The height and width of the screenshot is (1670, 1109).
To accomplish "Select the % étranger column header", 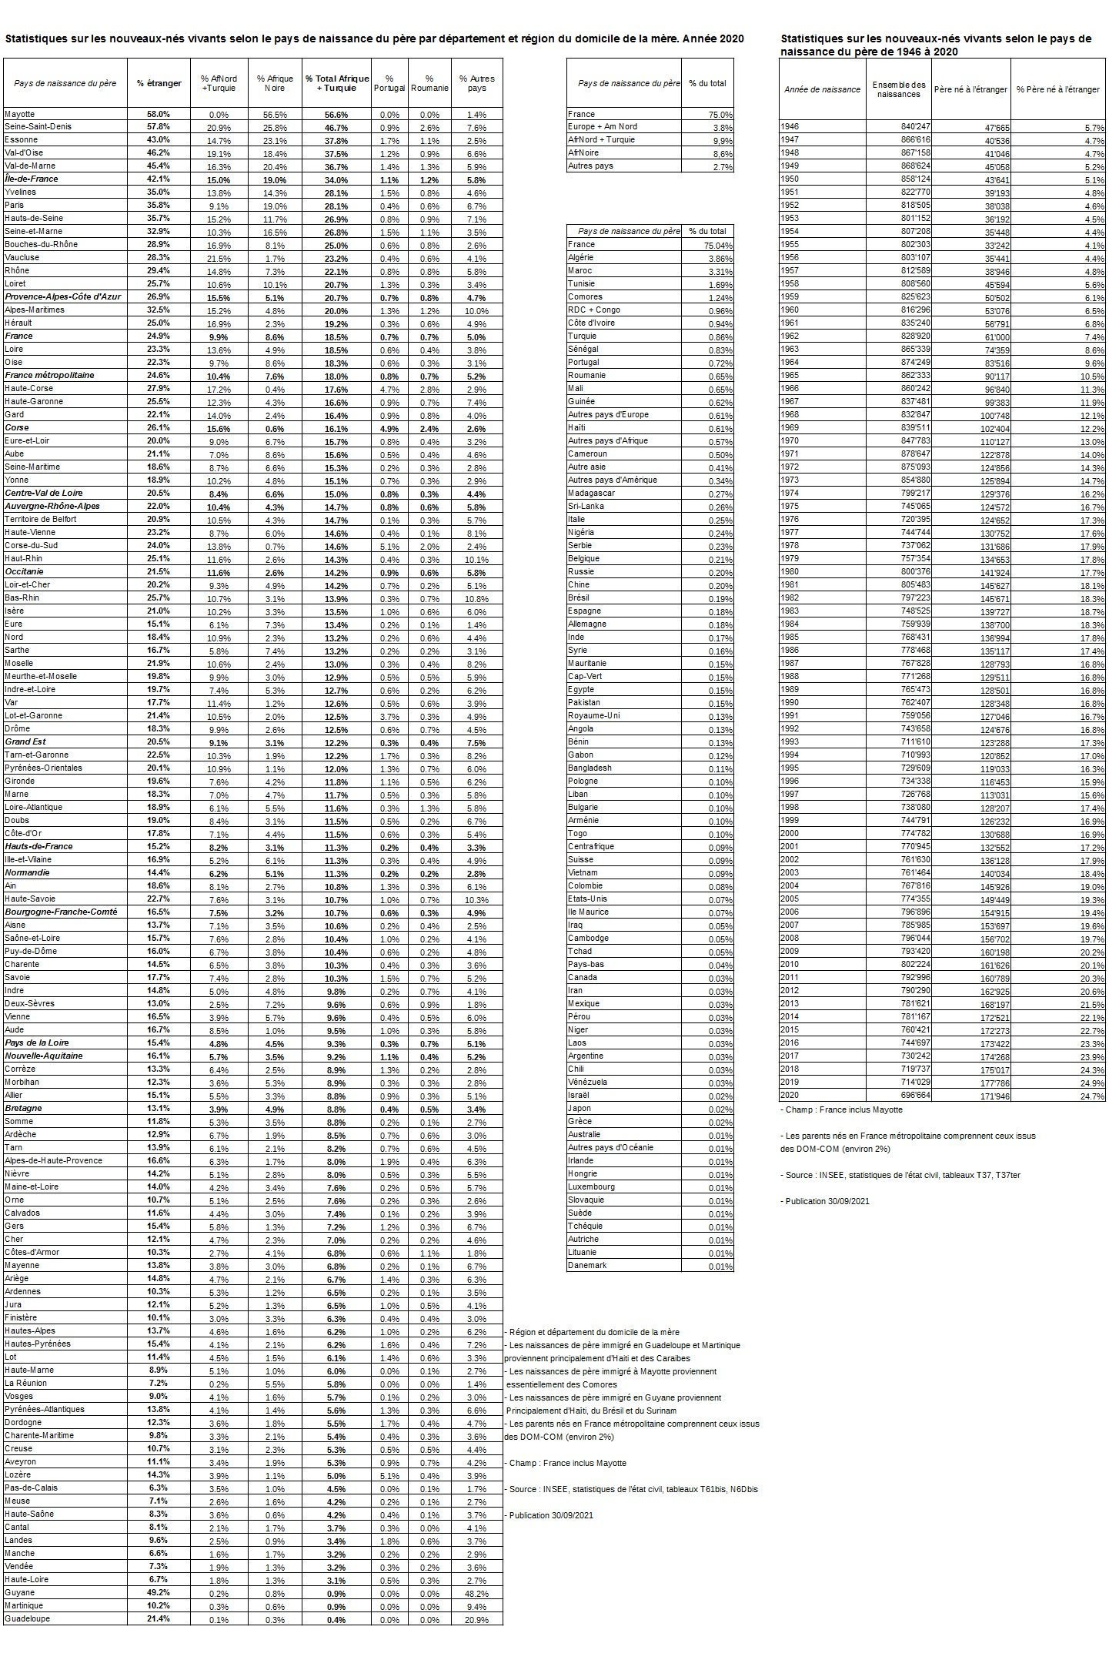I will pos(159,83).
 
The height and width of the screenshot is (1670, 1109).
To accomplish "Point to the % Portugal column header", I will pos(389,83).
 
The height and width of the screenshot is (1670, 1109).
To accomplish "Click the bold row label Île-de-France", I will pos(32,179).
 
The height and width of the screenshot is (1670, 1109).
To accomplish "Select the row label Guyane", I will pos(19,1591).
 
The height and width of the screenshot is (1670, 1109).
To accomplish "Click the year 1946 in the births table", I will pos(790,126).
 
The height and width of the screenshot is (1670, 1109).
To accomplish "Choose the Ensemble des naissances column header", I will pos(898,89).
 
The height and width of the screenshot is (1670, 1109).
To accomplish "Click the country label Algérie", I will pos(581,257).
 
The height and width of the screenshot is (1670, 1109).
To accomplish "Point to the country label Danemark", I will pos(587,1265).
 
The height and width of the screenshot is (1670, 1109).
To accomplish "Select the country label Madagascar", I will pos(591,493).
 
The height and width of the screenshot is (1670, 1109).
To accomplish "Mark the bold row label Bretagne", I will pos(23,1108).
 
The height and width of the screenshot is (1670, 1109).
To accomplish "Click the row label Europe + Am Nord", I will pos(603,126).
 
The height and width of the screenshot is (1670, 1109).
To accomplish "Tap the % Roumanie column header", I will pos(429,83).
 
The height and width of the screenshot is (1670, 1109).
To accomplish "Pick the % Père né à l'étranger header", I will pos(1057,89).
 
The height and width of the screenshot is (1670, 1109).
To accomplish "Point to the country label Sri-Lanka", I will pos(584,506).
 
